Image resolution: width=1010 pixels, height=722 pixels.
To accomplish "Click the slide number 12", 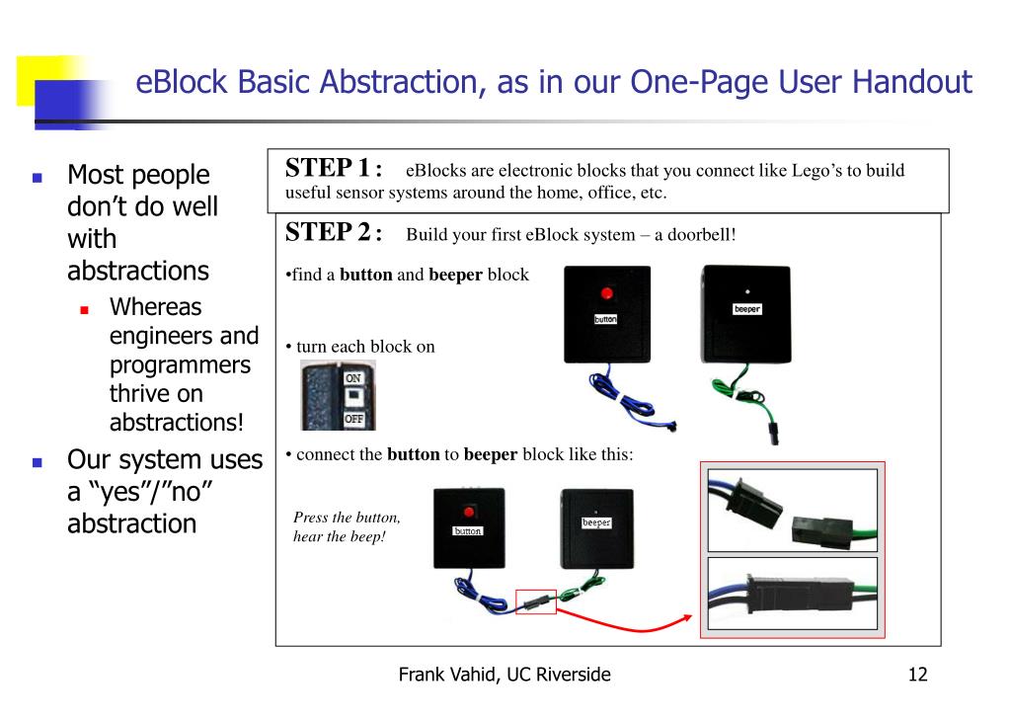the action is pos(917,675).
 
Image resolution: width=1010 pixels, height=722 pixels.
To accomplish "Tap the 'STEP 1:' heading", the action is pos(334,168).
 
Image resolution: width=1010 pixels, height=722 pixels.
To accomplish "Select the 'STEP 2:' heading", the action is pos(334,232).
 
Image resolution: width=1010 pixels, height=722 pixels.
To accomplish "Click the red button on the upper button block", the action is pos(606,294).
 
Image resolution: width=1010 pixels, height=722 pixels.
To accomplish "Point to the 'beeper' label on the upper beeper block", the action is pos(747,309).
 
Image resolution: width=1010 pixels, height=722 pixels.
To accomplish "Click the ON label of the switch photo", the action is pos(353,378).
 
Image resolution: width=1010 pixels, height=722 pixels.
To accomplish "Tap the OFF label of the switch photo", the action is pos(353,419).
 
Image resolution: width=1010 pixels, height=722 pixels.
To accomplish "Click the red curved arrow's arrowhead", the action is pos(686,619).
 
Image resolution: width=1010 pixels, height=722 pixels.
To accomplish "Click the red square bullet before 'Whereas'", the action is pos(84,310).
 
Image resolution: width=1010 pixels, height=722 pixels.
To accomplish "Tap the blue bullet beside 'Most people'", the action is pos(38,177).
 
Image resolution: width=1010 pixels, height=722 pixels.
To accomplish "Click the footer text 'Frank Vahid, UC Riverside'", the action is pos(505,675).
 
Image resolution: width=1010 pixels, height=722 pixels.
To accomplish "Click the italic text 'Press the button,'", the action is pos(347,518).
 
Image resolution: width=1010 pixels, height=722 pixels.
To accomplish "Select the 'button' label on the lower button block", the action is pos(468,531).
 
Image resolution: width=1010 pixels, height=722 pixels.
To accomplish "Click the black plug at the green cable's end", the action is pos(773,434).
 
